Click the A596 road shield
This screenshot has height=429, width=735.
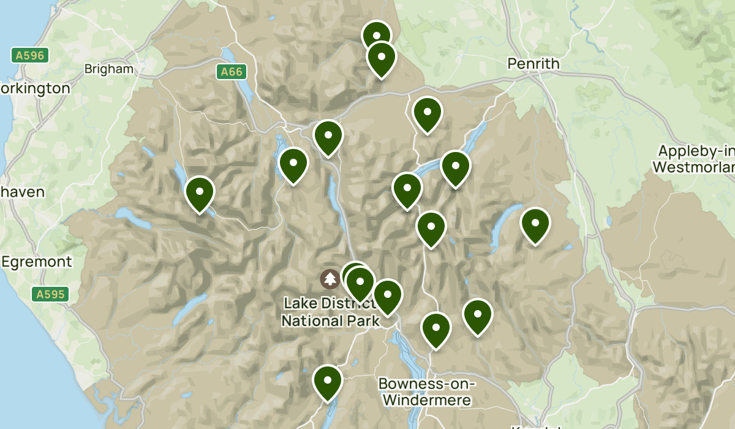click(x=29, y=55)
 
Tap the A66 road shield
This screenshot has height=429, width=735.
click(x=232, y=72)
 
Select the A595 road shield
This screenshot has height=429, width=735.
click(x=50, y=295)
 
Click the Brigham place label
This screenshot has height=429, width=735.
click(x=109, y=69)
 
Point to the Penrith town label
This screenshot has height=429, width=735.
click(x=533, y=64)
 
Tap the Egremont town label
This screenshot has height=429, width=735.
click(x=37, y=262)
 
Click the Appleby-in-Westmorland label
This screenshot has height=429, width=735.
click(x=695, y=159)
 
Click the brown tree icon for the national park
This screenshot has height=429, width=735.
click(x=330, y=279)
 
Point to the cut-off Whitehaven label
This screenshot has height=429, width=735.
click(x=22, y=192)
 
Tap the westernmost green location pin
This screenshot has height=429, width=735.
click(x=200, y=192)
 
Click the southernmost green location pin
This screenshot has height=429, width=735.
click(x=328, y=381)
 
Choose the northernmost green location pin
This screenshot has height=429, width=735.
click(x=376, y=36)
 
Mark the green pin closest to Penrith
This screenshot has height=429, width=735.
click(x=427, y=113)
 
